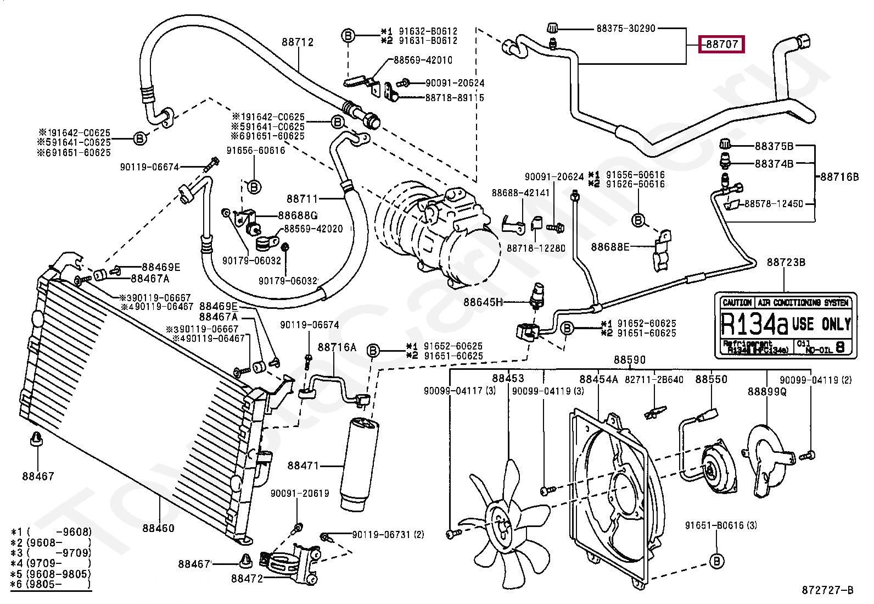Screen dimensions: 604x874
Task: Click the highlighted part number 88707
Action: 721,43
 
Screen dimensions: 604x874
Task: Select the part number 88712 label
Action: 298,42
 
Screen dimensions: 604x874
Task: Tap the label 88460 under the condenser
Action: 158,528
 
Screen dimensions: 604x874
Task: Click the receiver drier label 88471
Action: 303,466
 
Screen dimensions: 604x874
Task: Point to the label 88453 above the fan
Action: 508,378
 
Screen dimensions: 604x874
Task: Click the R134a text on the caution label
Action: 754,324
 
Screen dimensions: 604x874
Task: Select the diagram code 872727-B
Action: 827,590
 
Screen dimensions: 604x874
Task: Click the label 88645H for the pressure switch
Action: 483,302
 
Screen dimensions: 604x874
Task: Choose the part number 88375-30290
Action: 626,28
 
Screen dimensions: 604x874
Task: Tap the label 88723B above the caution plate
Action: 786,262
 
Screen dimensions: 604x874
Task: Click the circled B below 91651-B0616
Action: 716,561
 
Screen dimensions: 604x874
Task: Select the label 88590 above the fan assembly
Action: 630,359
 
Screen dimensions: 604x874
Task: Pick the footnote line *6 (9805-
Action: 51,584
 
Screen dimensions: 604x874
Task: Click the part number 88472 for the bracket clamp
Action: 247,578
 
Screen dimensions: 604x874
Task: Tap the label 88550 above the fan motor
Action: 711,379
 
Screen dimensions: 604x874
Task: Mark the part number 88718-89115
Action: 455,97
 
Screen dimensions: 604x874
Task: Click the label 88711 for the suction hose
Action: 302,198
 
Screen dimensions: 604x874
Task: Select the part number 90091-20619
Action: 299,493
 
